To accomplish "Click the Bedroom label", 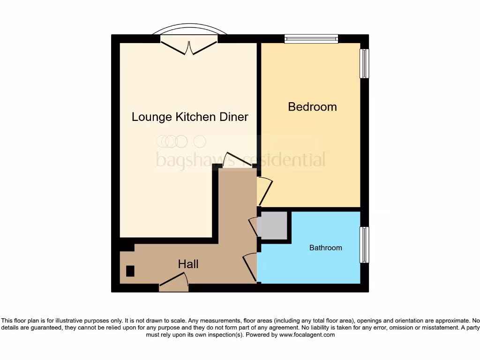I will (x=312, y=107).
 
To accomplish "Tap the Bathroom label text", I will (x=325, y=247).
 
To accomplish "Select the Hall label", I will (x=188, y=264).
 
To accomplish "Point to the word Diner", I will (x=233, y=117).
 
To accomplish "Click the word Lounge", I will (x=152, y=117).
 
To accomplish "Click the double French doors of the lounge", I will (x=189, y=47).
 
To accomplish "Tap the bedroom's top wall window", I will (x=311, y=39).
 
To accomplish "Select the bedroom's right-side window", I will (x=364, y=64).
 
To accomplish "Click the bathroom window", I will (x=364, y=245).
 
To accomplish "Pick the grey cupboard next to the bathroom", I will (x=273, y=225).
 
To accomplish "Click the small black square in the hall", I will (x=130, y=271).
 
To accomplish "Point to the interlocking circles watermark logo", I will (x=180, y=141).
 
